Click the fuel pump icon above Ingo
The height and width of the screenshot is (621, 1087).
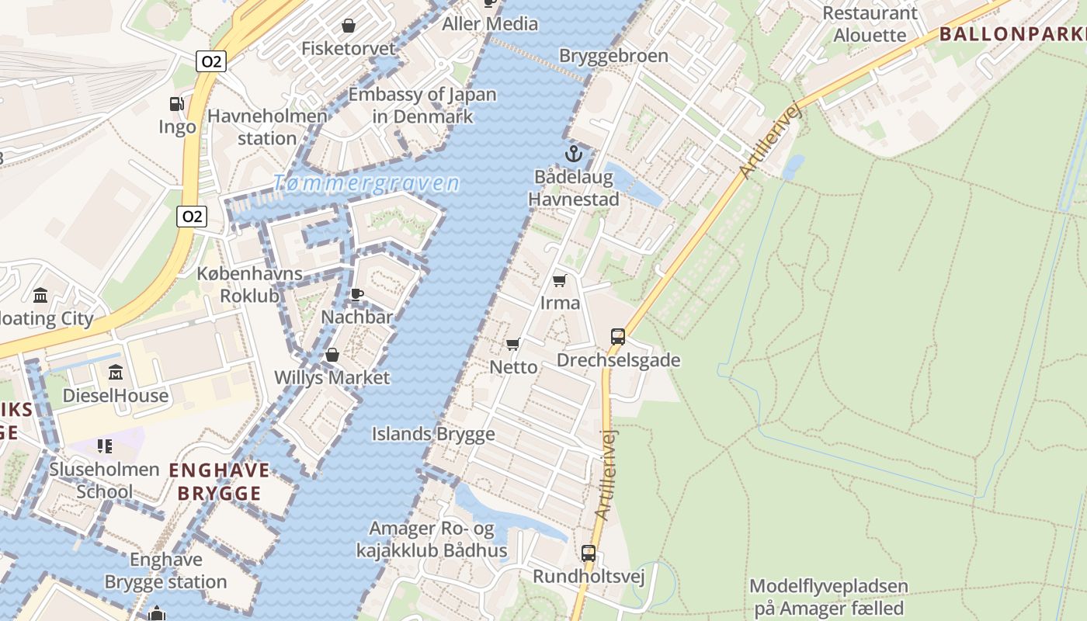tap(177, 104)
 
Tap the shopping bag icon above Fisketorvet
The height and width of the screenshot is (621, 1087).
tap(349, 26)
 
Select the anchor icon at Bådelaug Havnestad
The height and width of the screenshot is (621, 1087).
tap(573, 153)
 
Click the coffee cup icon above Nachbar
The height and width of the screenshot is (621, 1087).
tap(356, 294)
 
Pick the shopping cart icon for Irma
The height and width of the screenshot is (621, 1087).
tap(560, 280)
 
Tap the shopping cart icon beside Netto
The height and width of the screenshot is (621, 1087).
tap(512, 344)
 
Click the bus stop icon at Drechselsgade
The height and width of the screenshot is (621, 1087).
tap(618, 337)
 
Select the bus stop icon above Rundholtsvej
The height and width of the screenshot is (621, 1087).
tap(589, 553)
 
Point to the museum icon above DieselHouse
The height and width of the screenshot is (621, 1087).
tap(116, 373)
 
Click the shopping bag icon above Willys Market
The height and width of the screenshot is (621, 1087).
tap(332, 355)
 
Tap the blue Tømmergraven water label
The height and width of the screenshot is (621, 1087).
tap(366, 184)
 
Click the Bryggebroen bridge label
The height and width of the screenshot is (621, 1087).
tap(613, 56)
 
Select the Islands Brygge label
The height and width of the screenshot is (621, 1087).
tap(432, 434)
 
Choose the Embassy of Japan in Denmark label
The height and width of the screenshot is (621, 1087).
tap(422, 106)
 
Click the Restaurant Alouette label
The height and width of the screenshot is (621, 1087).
tap(870, 24)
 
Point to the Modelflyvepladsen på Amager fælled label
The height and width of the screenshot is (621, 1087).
tap(828, 597)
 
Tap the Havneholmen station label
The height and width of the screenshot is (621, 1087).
tap(267, 127)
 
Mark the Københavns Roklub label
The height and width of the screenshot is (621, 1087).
tap(249, 285)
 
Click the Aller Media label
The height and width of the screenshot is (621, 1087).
tap(489, 24)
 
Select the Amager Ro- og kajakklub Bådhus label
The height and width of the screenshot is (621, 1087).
tap(432, 539)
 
